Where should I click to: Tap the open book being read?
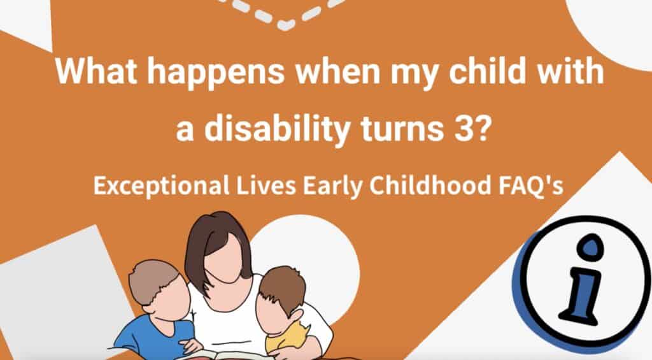pos(223,353)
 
